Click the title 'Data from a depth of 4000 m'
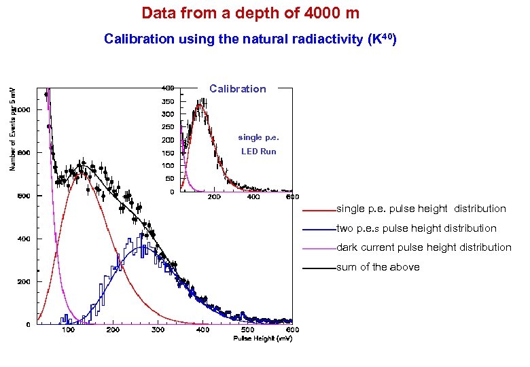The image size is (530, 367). [250, 12]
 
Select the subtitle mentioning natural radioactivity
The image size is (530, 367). [250, 39]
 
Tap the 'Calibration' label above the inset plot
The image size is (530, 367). [238, 89]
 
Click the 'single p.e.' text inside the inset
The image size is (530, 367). [258, 137]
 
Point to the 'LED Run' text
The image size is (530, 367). [258, 152]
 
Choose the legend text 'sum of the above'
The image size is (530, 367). [378, 267]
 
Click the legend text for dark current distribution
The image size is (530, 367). [424, 247]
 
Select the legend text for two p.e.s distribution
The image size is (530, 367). [417, 228]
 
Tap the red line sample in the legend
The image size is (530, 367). [319, 209]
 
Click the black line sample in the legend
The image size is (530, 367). [319, 268]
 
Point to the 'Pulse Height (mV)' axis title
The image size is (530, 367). [262, 338]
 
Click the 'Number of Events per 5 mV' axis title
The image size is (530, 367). [12, 129]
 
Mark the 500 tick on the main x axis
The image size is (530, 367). [249, 330]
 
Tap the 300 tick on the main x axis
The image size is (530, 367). [158, 330]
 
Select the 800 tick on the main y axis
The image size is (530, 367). [24, 153]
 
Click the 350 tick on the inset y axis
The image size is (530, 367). [167, 101]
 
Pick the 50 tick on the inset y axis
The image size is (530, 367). [169, 179]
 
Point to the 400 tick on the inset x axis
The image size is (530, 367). [253, 197]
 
